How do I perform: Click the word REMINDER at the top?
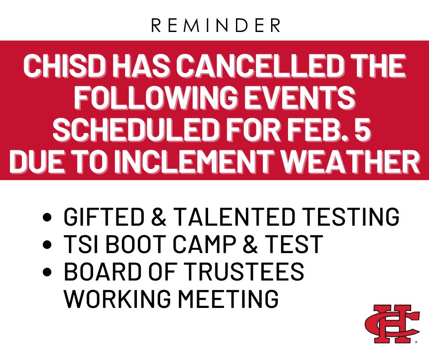pos(215,26)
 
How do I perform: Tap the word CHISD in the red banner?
pos(64,66)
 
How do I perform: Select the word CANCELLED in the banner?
pos(260,66)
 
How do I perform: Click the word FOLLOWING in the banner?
pos(156,98)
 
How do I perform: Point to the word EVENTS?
pos(299,98)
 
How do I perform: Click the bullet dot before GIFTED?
pos(47,217)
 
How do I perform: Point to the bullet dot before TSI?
pos(47,244)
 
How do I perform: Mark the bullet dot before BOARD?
pos(47,271)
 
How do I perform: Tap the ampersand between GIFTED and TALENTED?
pos(158,217)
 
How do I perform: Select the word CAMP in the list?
pos(204,244)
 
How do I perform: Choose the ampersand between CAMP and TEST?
pos(250,244)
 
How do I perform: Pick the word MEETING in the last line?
pos(228,298)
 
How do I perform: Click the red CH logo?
pos(392,324)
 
